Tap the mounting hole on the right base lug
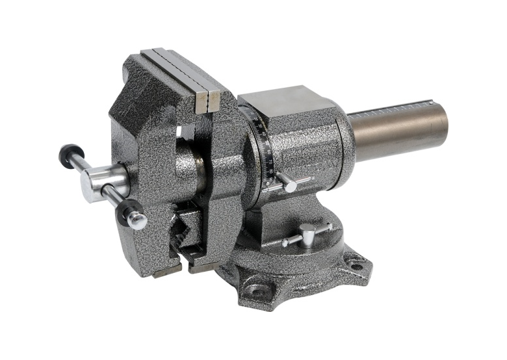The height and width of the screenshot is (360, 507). [x=355, y=265]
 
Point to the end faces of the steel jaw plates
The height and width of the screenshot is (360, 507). [x=207, y=101]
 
